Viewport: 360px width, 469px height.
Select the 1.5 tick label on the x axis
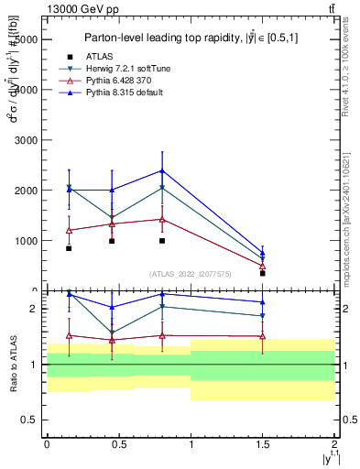point(263,442)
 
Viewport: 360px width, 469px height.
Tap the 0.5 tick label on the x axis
point(118,442)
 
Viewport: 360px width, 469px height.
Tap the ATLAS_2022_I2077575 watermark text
point(191,273)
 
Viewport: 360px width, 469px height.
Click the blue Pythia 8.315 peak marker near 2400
point(162,170)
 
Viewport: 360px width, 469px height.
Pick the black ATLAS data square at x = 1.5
point(263,273)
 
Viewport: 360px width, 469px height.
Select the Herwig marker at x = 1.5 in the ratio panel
point(263,316)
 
